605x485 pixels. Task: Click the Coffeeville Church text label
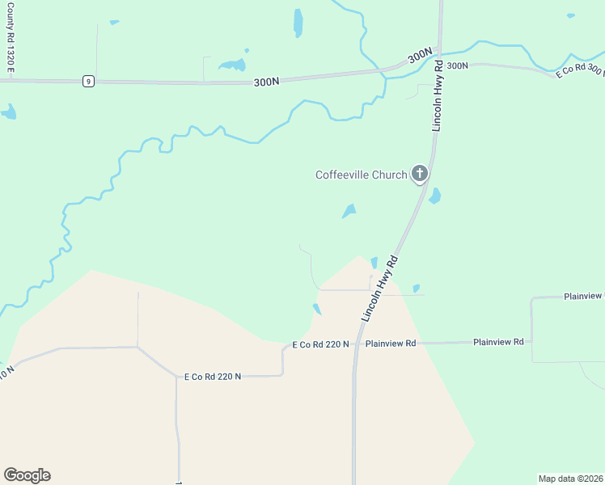[x=361, y=175]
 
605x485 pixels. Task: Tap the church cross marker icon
[x=419, y=173]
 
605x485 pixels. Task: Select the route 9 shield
[x=88, y=81]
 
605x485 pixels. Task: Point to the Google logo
[x=27, y=475]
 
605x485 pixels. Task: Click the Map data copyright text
[x=570, y=479]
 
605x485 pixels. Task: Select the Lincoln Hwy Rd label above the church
[x=438, y=95]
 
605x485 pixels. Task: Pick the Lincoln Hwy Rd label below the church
[x=381, y=289]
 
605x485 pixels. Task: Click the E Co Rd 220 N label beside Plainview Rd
[x=320, y=344]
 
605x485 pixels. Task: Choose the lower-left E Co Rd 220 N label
[x=213, y=377]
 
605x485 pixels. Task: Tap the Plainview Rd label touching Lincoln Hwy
[x=390, y=344]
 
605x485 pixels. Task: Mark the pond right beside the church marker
[x=435, y=196]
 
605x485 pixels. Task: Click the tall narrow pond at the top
[x=298, y=23]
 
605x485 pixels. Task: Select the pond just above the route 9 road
[x=233, y=65]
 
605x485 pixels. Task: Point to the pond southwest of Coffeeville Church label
[x=349, y=211]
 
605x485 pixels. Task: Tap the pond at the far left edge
[x=9, y=112]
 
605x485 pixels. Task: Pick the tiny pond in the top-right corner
[x=571, y=15]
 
